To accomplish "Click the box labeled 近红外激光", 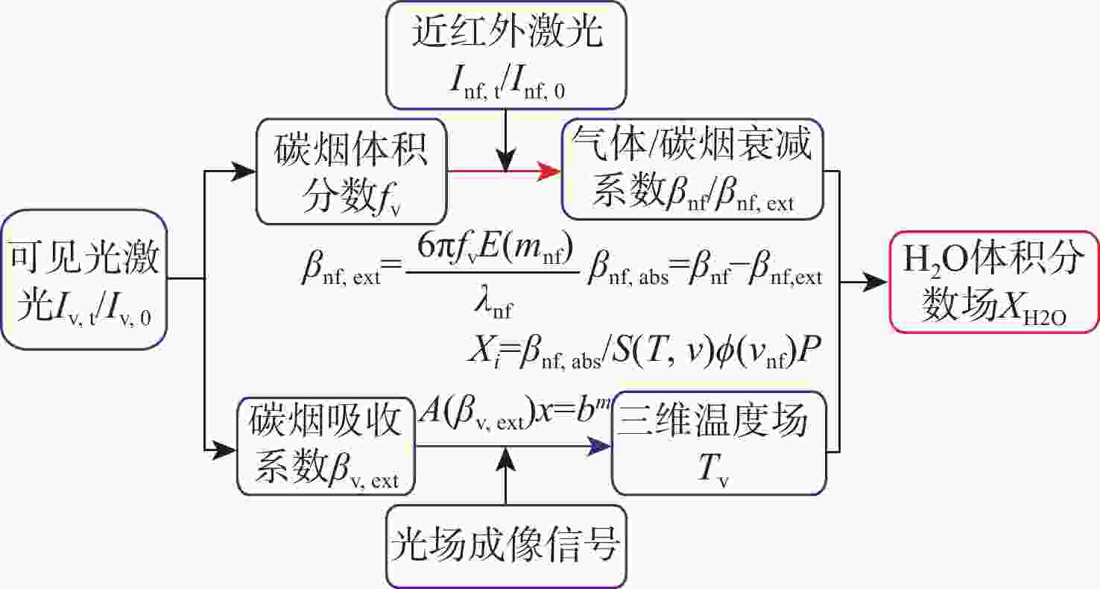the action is pyautogui.click(x=506, y=54).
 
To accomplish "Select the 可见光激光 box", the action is pyautogui.click(x=84, y=280).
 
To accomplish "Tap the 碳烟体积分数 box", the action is pyautogui.click(x=352, y=171).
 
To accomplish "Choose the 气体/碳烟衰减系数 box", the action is pyautogui.click(x=692, y=169).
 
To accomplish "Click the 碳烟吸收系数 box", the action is pyautogui.click(x=326, y=446).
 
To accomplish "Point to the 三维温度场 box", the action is pyautogui.click(x=719, y=443).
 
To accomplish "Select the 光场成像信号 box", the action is pyautogui.click(x=506, y=547).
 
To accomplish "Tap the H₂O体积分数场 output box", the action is pyautogui.click(x=994, y=282).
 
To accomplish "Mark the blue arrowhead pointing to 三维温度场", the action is pyautogui.click(x=599, y=446).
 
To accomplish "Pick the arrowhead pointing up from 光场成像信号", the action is pyautogui.click(x=506, y=459).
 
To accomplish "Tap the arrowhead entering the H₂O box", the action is pyautogui.click(x=876, y=282).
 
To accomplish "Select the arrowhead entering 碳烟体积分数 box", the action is pyautogui.click(x=244, y=171).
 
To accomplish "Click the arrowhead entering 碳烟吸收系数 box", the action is pyautogui.click(x=224, y=450).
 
